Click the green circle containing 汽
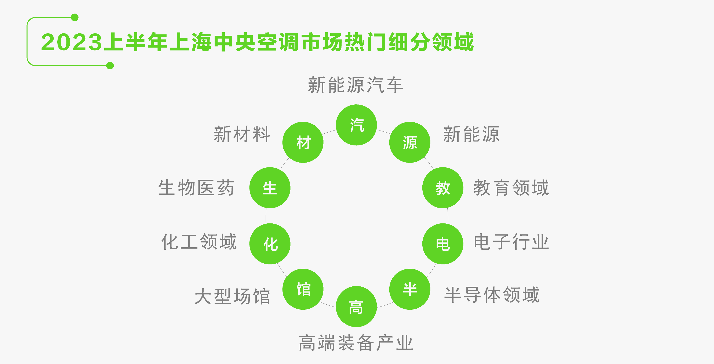pyautogui.click(x=356, y=125)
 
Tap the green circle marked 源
pyautogui.click(x=410, y=142)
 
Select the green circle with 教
pyautogui.click(x=443, y=188)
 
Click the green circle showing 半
pyautogui.click(x=410, y=289)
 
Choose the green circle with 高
pyautogui.click(x=356, y=307)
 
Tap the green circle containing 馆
pyautogui.click(x=303, y=289)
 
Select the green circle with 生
pyautogui.click(x=270, y=188)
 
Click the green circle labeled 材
pyautogui.click(x=303, y=142)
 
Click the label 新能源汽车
pyautogui.click(x=356, y=85)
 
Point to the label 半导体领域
pyautogui.click(x=492, y=295)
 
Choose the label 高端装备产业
pyautogui.click(x=356, y=343)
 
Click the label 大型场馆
pyautogui.click(x=232, y=296)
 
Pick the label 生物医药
pyautogui.click(x=196, y=188)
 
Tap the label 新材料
pyautogui.click(x=242, y=134)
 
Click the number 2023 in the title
pyautogui.click(x=72, y=42)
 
